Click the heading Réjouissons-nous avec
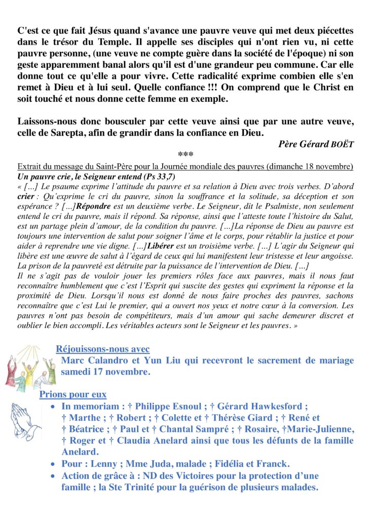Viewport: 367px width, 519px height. [x=102, y=349]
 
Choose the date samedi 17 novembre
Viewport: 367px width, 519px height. [x=105, y=372]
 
